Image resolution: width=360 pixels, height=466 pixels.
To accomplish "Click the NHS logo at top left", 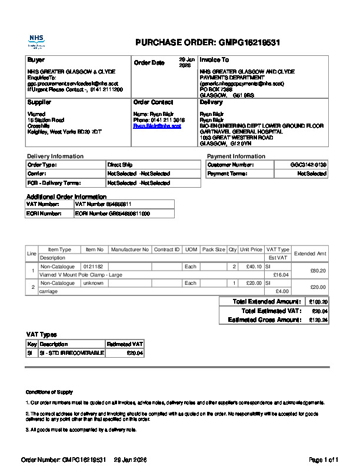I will tap(36, 41).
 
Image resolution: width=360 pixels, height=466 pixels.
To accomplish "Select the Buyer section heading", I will tap(36, 60).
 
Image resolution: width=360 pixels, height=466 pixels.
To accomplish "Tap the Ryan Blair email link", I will tap(157, 126).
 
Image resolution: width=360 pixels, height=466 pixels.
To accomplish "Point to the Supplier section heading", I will tap(39, 102).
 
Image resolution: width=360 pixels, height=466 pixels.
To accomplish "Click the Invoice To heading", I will tap(214, 60).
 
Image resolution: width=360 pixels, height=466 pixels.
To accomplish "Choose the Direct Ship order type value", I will tap(119, 165).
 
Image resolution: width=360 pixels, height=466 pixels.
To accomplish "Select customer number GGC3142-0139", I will tap(308, 165).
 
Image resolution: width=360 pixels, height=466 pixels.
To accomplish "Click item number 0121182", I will tap(93, 267).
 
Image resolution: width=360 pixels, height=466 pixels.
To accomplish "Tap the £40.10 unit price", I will tap(254, 267).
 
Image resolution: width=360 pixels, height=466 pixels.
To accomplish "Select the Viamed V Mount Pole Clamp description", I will tap(81, 275).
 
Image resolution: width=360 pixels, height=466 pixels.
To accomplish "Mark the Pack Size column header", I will tap(214, 249).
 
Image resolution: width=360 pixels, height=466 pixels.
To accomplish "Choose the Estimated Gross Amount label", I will tap(264, 320).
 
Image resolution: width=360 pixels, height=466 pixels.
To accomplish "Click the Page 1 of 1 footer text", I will tap(324, 459).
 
